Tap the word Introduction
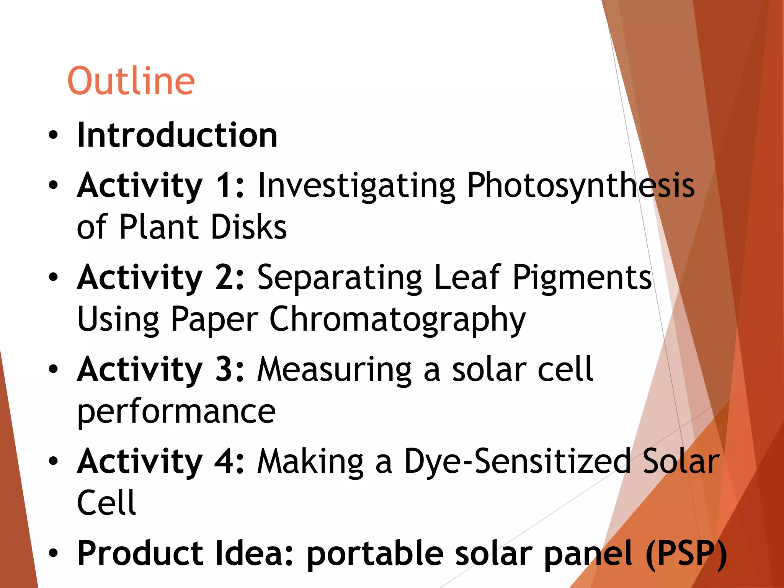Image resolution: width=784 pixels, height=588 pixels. point(177,135)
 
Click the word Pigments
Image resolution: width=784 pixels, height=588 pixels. point(582,278)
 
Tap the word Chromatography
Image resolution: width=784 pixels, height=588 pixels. point(397,320)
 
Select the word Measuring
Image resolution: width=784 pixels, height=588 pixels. point(334,369)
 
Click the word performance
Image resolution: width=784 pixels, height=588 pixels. point(176,412)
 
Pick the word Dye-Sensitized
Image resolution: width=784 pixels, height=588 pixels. point(517,462)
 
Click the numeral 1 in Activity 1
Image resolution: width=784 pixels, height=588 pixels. point(225,186)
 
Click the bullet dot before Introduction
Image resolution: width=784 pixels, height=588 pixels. point(53,135)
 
